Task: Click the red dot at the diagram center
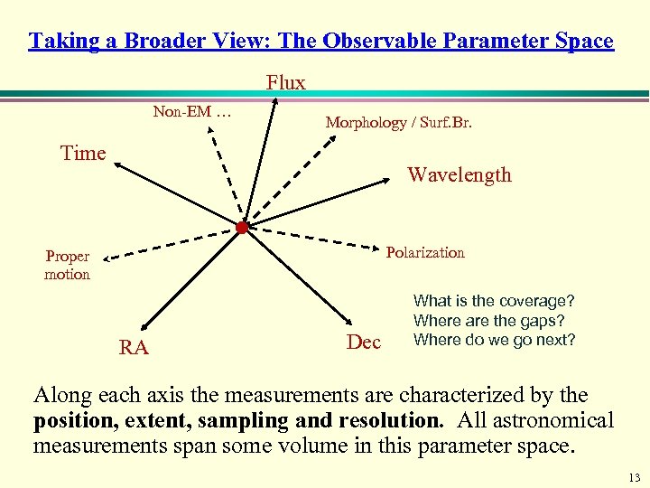[242, 228]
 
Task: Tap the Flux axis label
[286, 82]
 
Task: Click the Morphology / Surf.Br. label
[398, 122]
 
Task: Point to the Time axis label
[83, 153]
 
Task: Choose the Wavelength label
[459, 174]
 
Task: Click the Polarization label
[425, 252]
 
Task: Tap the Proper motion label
[68, 265]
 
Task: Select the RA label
[134, 348]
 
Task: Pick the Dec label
[364, 342]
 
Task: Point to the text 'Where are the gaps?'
[488, 320]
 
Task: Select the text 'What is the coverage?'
[494, 300]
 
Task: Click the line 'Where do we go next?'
[494, 340]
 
